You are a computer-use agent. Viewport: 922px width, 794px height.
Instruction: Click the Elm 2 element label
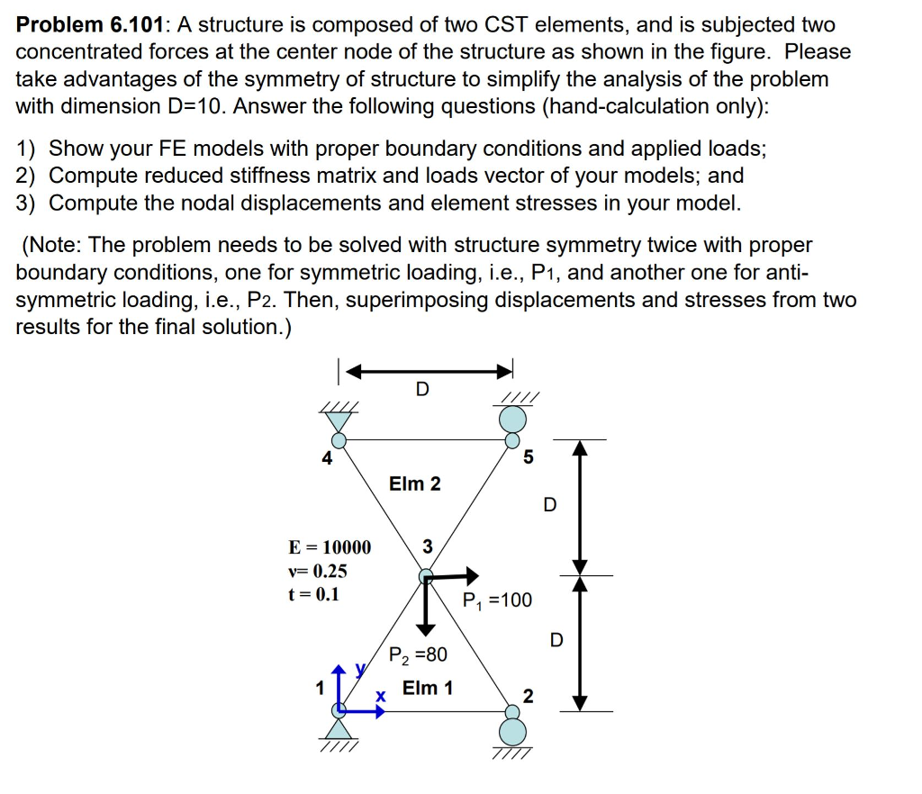click(x=415, y=483)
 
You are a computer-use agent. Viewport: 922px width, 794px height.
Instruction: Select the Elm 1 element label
click(x=428, y=689)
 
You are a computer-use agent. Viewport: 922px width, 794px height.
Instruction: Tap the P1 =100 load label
click(x=498, y=600)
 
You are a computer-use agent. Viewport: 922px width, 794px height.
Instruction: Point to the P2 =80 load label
click(x=418, y=654)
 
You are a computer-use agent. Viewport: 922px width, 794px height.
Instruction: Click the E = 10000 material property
click(x=329, y=547)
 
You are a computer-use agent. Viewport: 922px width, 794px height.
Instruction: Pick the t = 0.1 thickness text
click(x=313, y=594)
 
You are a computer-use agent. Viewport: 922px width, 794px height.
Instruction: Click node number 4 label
click(x=327, y=458)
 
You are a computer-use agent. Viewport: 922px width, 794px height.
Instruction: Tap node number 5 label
click(x=528, y=457)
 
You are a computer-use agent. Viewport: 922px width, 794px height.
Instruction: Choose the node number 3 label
click(x=427, y=546)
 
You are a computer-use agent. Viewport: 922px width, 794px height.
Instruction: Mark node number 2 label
click(x=528, y=696)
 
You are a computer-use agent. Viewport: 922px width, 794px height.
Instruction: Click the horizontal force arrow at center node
click(x=454, y=573)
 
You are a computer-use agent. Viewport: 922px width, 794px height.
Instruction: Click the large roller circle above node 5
click(x=513, y=419)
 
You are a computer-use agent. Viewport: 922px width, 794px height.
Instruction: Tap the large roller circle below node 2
click(x=513, y=729)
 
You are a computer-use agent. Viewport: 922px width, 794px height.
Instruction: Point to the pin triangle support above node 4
click(x=339, y=420)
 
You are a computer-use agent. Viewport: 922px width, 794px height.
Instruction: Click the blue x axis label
click(x=381, y=697)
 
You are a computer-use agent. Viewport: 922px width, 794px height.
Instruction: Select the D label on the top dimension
click(x=422, y=389)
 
